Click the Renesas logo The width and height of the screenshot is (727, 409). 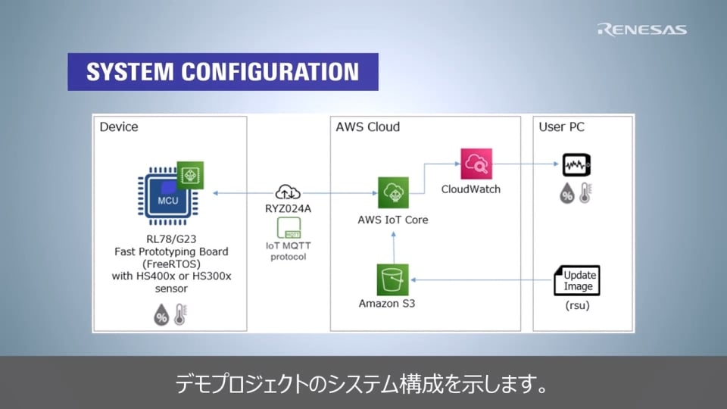(641, 30)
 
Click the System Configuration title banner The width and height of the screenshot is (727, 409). (223, 72)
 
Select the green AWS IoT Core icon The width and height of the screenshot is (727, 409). (393, 192)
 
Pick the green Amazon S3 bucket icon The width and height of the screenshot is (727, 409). (392, 279)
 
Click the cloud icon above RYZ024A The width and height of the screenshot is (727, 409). (288, 192)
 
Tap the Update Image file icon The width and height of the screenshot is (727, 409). (576, 280)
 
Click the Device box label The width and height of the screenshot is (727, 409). (119, 126)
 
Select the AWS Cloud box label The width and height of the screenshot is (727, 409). (367, 126)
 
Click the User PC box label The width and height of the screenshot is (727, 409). (561, 126)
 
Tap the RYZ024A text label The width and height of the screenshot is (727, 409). (288, 208)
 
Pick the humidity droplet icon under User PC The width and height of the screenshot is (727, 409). (566, 195)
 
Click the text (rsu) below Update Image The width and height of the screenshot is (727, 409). (577, 308)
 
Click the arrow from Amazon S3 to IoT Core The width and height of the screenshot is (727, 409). (393, 245)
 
